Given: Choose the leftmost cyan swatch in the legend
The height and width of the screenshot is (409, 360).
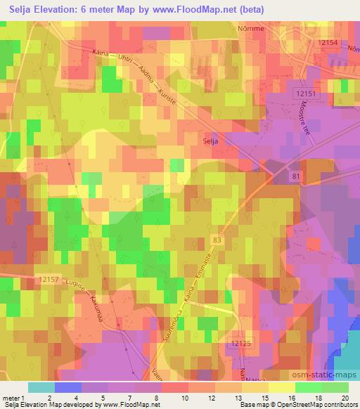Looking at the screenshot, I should click(x=41, y=387).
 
